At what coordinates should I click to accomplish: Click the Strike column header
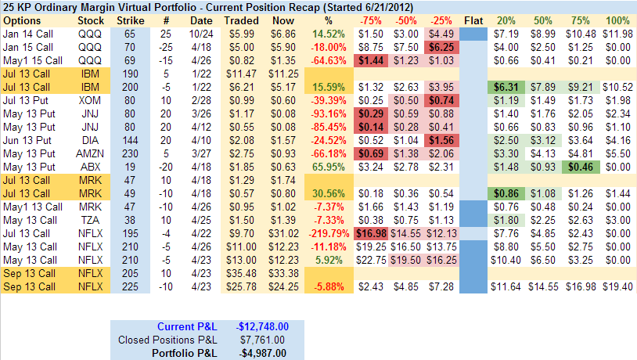click(130, 19)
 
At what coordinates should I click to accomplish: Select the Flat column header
click(473, 19)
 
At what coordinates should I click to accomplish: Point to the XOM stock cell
click(90, 101)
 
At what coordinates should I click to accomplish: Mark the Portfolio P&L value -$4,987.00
click(262, 353)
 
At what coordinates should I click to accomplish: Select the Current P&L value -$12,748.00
click(262, 326)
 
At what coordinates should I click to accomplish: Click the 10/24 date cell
click(201, 35)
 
